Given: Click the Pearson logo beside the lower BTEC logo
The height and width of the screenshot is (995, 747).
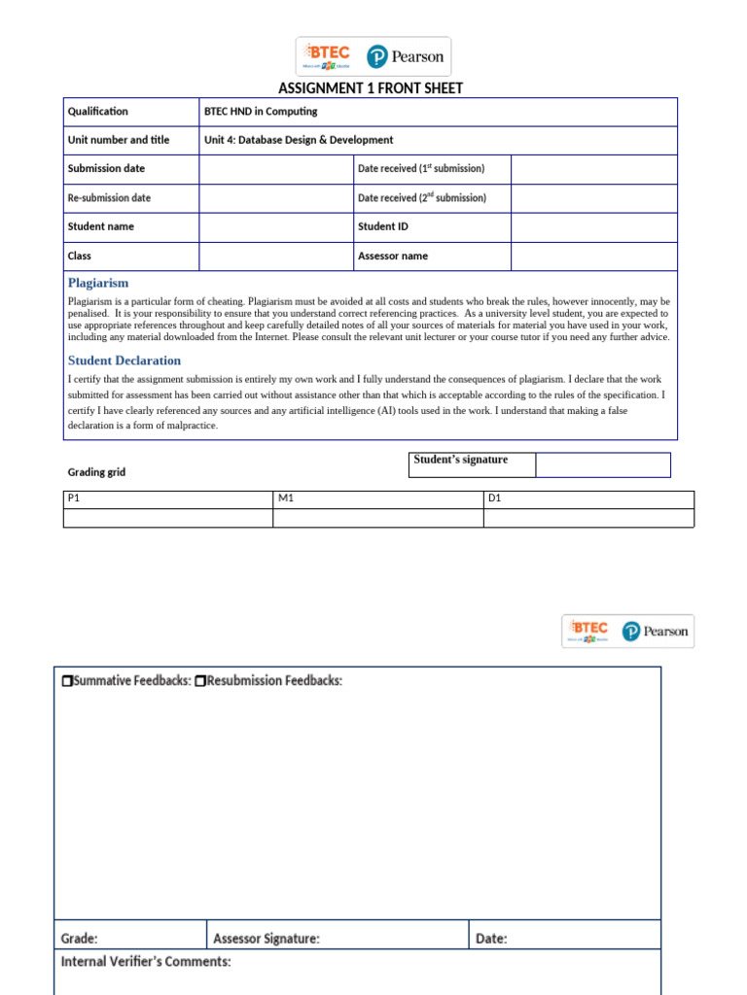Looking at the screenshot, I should (656, 632).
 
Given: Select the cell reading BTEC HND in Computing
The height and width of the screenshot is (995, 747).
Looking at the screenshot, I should (261, 112).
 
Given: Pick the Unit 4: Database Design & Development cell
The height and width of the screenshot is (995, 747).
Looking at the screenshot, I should (299, 140).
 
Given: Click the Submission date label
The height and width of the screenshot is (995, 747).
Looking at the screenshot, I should (106, 169).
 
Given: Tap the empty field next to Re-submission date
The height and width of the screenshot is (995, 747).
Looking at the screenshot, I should (276, 198).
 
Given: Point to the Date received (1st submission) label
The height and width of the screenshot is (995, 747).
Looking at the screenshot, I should (421, 169).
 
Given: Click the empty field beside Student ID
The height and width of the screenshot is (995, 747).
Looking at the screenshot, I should (593, 227).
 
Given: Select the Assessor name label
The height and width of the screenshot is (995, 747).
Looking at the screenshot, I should (393, 257).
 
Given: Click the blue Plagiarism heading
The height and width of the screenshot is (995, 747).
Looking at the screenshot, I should (98, 283).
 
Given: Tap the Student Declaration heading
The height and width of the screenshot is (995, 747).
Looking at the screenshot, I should (124, 360).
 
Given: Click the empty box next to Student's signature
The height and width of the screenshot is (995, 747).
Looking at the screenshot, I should (602, 465).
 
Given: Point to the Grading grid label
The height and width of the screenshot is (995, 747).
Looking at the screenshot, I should (96, 472).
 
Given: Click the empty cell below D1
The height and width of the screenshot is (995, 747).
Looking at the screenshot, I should (588, 518).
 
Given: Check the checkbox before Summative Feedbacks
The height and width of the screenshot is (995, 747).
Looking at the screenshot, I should (66, 681).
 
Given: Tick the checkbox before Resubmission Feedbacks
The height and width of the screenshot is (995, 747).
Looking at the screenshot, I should (199, 681).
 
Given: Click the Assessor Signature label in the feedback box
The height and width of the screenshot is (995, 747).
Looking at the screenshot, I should (267, 939).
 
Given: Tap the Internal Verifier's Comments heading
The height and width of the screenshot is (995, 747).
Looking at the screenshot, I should (146, 962).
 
